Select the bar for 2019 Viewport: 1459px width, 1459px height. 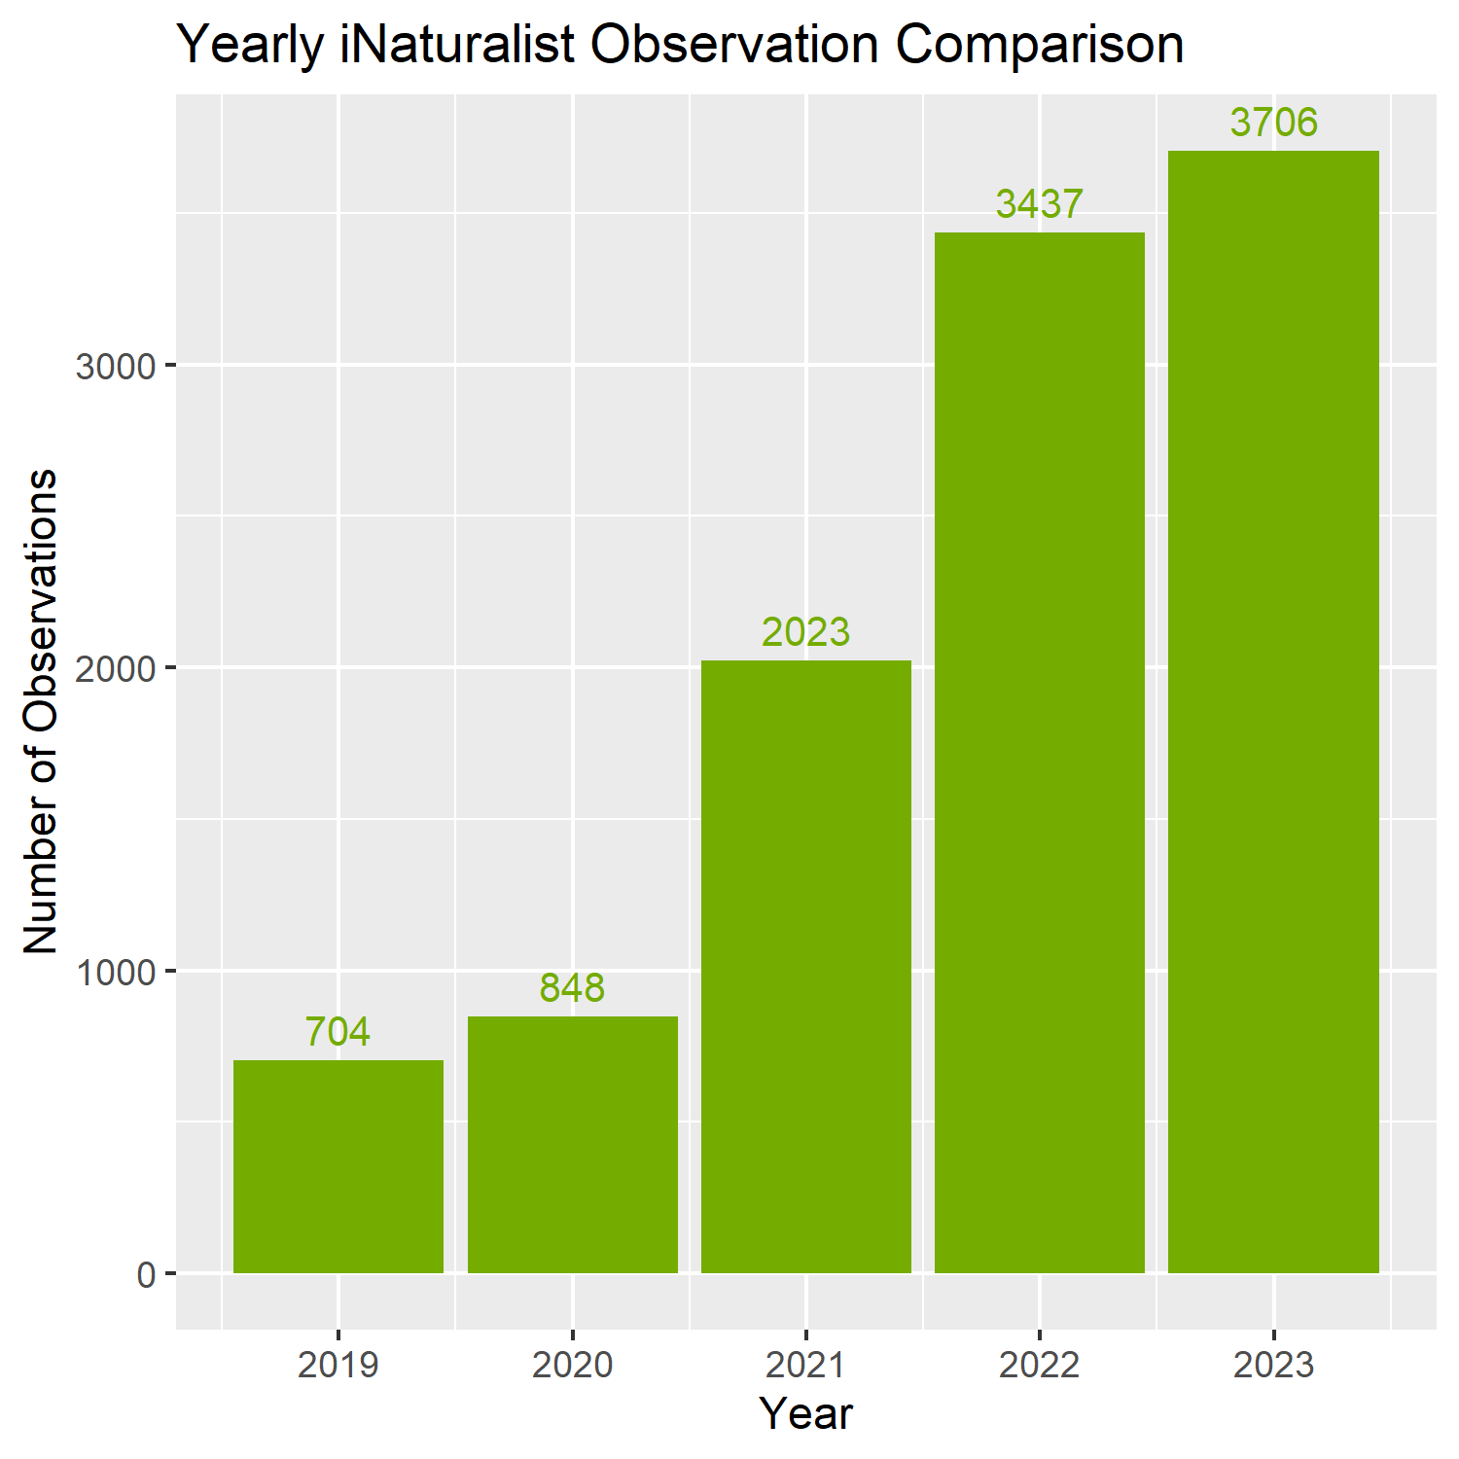pyautogui.click(x=338, y=1166)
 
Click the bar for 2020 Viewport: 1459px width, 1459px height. pyautogui.click(x=573, y=1145)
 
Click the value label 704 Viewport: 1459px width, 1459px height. pyautogui.click(x=338, y=1032)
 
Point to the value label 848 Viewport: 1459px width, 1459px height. pyautogui.click(x=572, y=988)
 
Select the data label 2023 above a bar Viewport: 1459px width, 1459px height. pyautogui.click(x=805, y=632)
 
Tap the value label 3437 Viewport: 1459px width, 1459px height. pyautogui.click(x=1039, y=204)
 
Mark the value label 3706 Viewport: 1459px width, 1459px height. pyautogui.click(x=1273, y=123)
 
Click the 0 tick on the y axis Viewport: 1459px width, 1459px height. pyautogui.click(x=147, y=1274)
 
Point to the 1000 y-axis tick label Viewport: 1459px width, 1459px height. pyautogui.click(x=116, y=972)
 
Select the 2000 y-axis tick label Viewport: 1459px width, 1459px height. pyautogui.click(x=116, y=668)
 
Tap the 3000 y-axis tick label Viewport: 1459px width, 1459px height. pyautogui.click(x=116, y=366)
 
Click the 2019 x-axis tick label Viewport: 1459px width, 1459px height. pyautogui.click(x=338, y=1366)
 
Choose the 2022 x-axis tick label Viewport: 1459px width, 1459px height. pyautogui.click(x=1040, y=1366)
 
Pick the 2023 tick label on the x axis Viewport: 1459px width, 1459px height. pyautogui.click(x=1273, y=1366)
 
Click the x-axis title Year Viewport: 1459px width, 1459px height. pyautogui.click(x=806, y=1414)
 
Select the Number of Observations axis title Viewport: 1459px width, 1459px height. pyautogui.click(x=41, y=711)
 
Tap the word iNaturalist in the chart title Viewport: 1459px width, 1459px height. pyautogui.click(x=458, y=45)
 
